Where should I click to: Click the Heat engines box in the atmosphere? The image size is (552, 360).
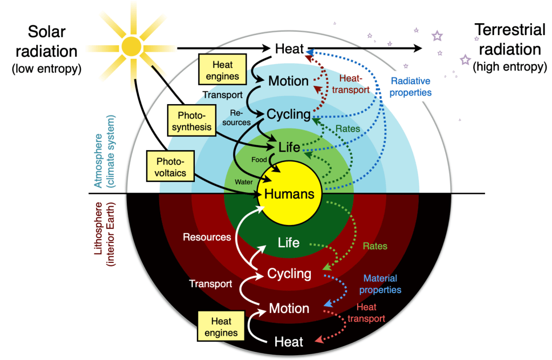[222, 70]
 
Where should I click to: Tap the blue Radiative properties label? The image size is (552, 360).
[411, 86]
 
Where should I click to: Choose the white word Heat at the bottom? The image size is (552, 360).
[289, 342]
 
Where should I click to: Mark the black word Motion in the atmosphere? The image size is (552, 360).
[289, 81]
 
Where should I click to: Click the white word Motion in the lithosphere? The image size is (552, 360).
[289, 309]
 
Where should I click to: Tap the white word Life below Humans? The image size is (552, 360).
[289, 242]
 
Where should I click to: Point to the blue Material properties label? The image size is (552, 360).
[382, 284]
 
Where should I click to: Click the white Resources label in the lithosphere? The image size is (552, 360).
[207, 237]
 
